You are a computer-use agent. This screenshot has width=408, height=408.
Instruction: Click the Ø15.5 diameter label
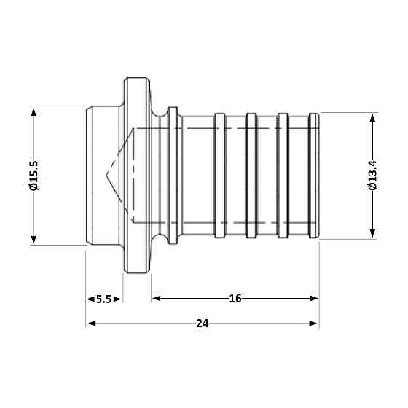pos(34,175)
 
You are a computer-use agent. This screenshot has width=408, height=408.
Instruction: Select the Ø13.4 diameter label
pos(373,175)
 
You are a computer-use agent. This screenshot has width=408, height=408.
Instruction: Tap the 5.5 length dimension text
pos(104,299)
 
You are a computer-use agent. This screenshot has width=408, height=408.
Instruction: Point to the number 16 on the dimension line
pos(235,298)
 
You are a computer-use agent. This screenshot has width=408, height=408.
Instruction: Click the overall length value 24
pos(203,323)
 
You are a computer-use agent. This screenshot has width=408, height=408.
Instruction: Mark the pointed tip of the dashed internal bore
pos(106,176)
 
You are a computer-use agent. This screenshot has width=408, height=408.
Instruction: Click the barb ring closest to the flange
pos(219,175)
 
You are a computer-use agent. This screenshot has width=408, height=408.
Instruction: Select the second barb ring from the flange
pos(251,175)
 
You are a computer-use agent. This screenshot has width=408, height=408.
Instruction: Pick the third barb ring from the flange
pos(283,175)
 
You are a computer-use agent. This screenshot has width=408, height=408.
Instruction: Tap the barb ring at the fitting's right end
pos(314,175)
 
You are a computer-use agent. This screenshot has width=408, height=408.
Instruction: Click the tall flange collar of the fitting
pos(137,175)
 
